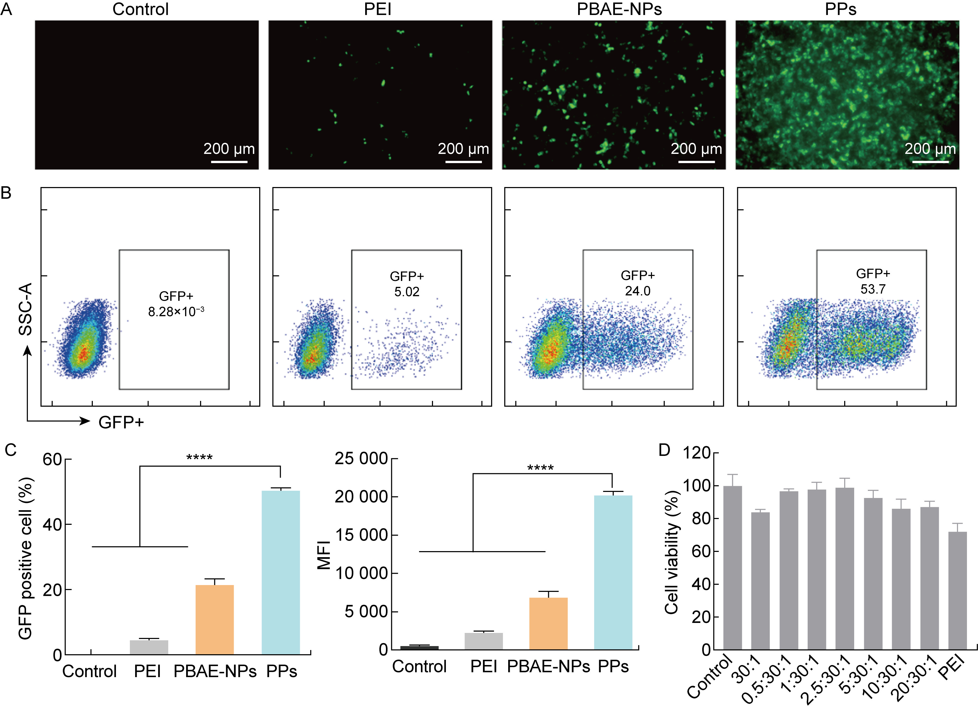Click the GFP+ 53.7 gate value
click(x=873, y=289)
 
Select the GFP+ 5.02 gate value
click(x=407, y=291)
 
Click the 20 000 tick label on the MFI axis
click(x=361, y=497)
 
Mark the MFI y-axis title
click(x=324, y=555)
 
